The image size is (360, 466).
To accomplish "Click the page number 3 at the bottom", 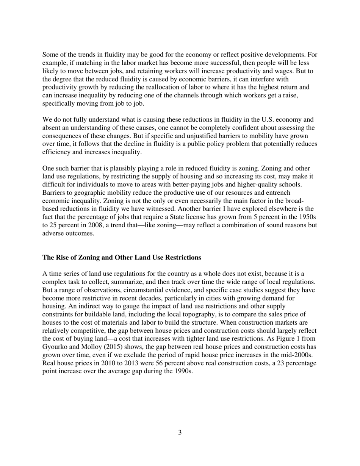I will (180, 433).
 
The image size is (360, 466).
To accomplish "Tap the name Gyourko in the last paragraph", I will (55, 347).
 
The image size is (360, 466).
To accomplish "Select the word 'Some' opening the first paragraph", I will (50, 55).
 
